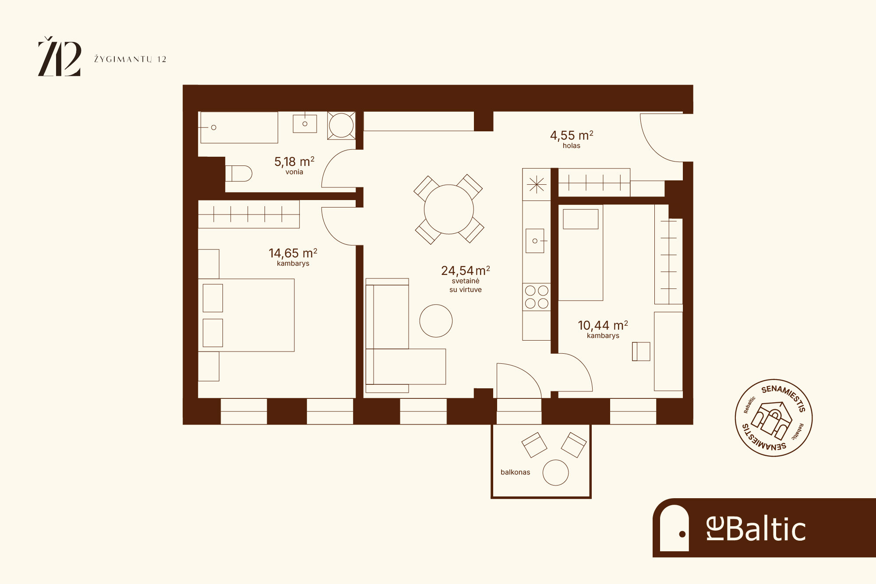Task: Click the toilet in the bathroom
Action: tap(239, 173)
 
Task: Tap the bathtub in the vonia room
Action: tap(239, 127)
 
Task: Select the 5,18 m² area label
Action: tap(294, 162)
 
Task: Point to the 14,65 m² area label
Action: tap(293, 253)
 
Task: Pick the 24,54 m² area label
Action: tap(466, 271)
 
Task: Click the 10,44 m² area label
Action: tap(603, 325)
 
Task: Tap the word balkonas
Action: tap(515, 472)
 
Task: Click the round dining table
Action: tap(449, 209)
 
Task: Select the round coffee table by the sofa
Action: tap(436, 321)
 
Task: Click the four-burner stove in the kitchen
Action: tap(537, 297)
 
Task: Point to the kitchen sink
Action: tap(535, 241)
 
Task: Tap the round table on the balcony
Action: tap(555, 473)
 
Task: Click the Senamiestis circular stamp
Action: tap(774, 418)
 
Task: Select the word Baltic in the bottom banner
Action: tap(766, 529)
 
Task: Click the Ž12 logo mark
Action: tap(60, 56)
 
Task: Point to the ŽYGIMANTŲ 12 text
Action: tap(130, 59)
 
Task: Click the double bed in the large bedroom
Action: tap(246, 315)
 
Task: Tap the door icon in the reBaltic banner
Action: tap(674, 528)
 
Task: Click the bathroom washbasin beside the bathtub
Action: tap(305, 124)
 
